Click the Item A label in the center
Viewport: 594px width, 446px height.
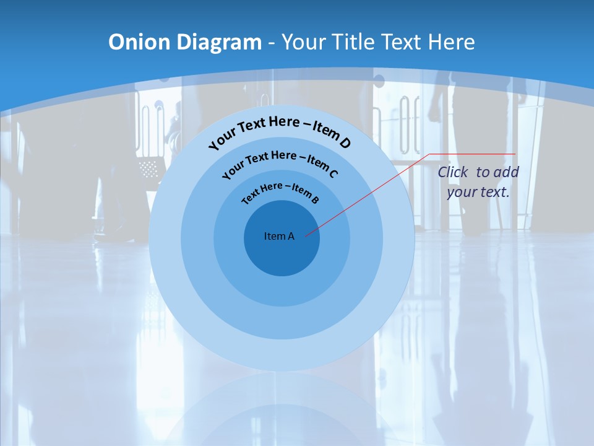pyautogui.click(x=279, y=236)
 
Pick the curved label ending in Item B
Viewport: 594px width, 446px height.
pyautogui.click(x=280, y=191)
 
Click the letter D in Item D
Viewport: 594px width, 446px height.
pyautogui.click(x=345, y=143)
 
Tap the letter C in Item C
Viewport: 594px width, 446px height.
pyautogui.click(x=333, y=173)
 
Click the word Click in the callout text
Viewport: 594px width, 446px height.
pyautogui.click(x=453, y=172)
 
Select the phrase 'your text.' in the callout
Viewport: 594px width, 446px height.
pyautogui.click(x=478, y=192)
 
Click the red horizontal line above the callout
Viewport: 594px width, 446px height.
pyautogui.click(x=473, y=154)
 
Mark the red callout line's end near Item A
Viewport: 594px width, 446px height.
pyautogui.click(x=306, y=235)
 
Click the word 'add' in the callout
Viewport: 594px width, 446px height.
pyautogui.click(x=506, y=172)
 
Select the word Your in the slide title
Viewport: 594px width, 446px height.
pyautogui.click(x=303, y=42)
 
